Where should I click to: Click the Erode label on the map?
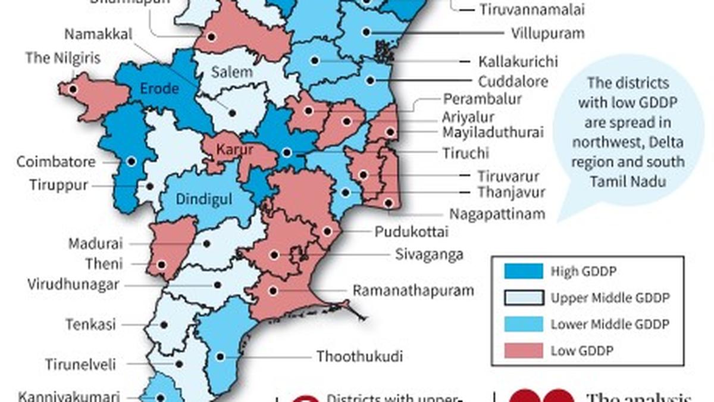[x=159, y=89]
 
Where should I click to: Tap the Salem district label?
[x=231, y=72]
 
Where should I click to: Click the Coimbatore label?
[x=56, y=162]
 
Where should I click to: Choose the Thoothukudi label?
[x=359, y=357]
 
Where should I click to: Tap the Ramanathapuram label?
[x=414, y=291]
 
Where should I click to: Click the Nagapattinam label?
[x=497, y=214]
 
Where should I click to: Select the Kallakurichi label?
[x=518, y=61]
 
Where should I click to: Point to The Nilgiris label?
[x=63, y=58]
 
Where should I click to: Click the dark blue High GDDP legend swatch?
[x=523, y=272]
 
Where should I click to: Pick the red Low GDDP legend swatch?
[x=523, y=351]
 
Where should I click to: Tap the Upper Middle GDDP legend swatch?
[x=523, y=298]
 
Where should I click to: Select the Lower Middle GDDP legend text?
[x=610, y=325]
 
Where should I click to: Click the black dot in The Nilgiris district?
[x=73, y=90]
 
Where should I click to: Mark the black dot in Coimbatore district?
[x=131, y=161]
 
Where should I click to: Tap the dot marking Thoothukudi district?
[x=220, y=357]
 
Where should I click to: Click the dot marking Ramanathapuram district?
[x=273, y=291]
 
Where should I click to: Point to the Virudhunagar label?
[x=73, y=285]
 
